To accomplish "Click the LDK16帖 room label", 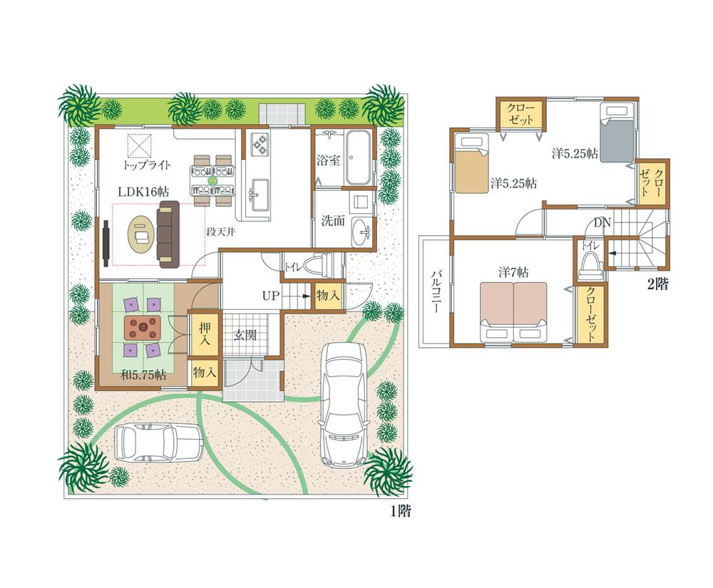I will pyautogui.click(x=143, y=191).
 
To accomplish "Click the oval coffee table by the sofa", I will pyautogui.click(x=140, y=234).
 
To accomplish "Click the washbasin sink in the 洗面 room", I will pyautogui.click(x=363, y=230).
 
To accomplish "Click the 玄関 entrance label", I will pyautogui.click(x=245, y=335).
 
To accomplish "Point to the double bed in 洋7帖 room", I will pyautogui.click(x=513, y=310).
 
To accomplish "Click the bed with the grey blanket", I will pyautogui.click(x=617, y=133).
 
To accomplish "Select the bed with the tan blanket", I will pyautogui.click(x=471, y=164).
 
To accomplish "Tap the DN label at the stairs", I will pyautogui.click(x=602, y=222).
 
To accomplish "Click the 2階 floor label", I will pyautogui.click(x=657, y=284).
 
